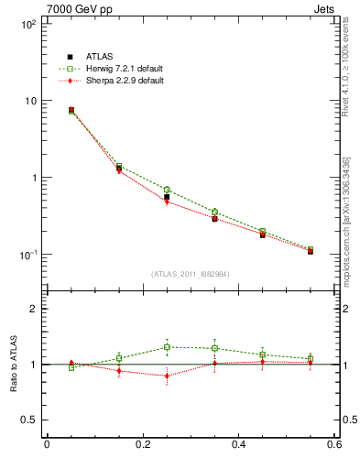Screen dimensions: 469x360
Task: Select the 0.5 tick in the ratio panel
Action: pyautogui.click(x=30, y=420)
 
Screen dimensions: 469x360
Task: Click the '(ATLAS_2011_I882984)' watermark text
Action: pyautogui.click(x=191, y=274)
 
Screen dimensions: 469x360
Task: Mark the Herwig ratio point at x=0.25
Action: pyautogui.click(x=167, y=347)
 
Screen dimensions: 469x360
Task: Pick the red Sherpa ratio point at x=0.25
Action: pyautogui.click(x=167, y=376)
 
